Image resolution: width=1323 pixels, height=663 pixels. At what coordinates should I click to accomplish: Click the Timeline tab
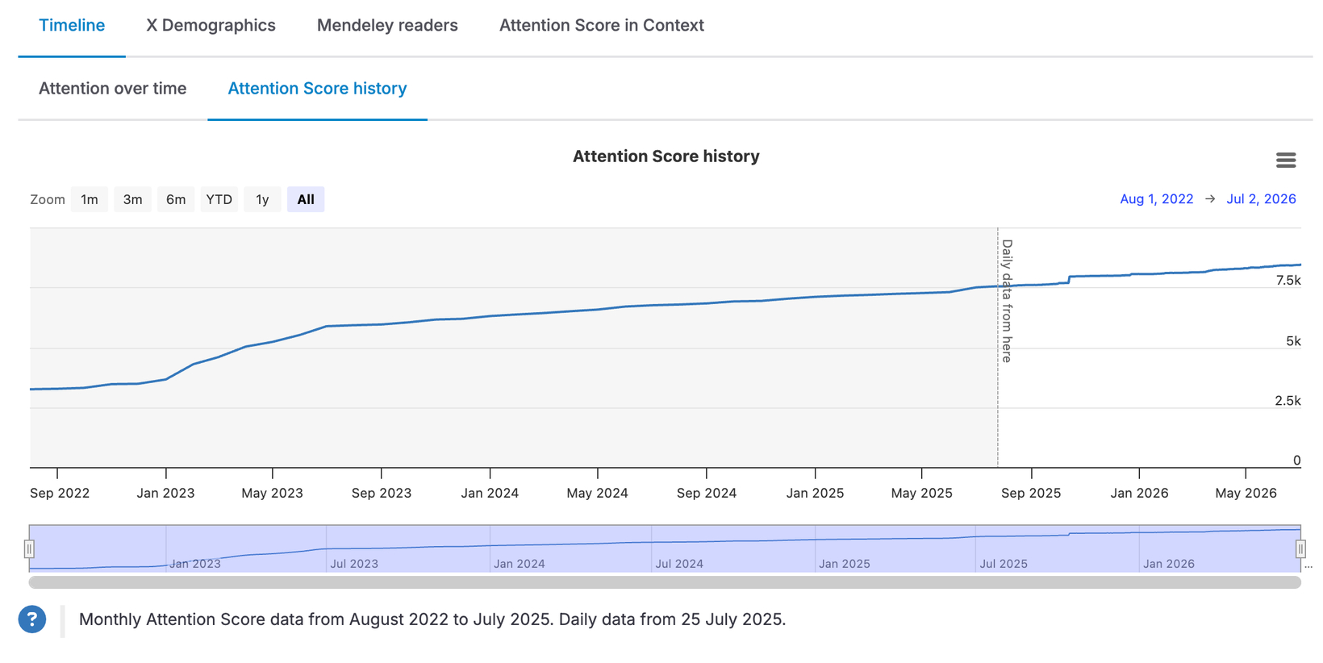(x=72, y=25)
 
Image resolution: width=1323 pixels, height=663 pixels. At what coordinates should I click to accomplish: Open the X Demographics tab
(x=211, y=25)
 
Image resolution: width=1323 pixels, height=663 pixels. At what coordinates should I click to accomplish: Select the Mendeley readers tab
(x=387, y=25)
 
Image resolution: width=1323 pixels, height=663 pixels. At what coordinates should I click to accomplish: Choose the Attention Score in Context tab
(x=602, y=25)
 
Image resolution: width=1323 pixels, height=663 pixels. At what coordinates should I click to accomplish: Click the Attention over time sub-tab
(x=113, y=89)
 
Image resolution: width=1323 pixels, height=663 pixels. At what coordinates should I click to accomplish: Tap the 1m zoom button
(x=90, y=199)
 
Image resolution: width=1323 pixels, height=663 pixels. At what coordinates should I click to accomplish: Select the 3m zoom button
(x=132, y=199)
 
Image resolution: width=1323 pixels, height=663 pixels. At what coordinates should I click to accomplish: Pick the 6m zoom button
(x=175, y=199)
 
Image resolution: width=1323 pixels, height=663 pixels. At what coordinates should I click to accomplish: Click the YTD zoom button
(x=219, y=199)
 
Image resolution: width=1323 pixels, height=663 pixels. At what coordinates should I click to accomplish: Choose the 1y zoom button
(x=262, y=199)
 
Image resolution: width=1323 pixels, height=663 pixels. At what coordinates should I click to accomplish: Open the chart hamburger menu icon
(x=1286, y=160)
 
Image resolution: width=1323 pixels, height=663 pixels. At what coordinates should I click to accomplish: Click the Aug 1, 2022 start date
(x=1157, y=199)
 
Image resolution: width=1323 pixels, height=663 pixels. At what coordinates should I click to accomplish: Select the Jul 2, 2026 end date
(x=1261, y=199)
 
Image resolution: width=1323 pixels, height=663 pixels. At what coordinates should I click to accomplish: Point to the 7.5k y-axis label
(x=1288, y=281)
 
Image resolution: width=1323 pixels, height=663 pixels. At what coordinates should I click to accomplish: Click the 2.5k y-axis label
(x=1288, y=401)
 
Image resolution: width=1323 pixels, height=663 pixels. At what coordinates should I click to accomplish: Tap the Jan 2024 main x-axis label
(x=490, y=493)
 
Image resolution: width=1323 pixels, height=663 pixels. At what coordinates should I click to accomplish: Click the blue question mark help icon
(x=32, y=619)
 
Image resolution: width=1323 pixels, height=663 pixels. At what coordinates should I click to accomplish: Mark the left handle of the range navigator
(x=29, y=549)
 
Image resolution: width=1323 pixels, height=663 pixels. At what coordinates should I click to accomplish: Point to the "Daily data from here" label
(x=1007, y=301)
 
